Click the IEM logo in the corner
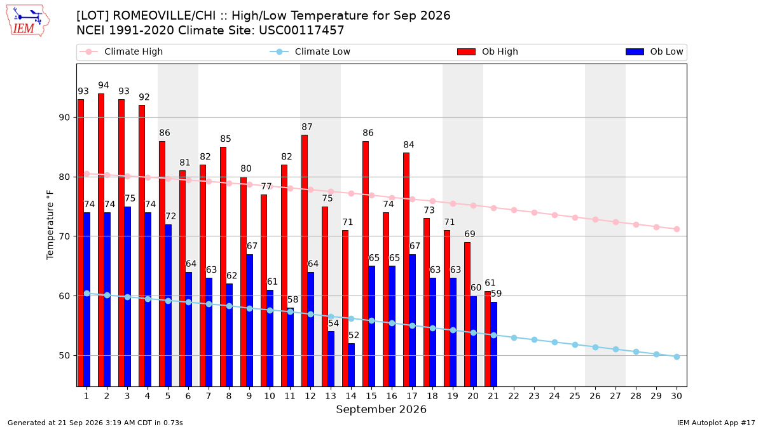[27, 21]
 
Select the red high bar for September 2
[101, 240]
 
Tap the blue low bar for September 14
[352, 365]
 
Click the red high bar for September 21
[488, 339]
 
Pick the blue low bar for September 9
[250, 320]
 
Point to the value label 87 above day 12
[307, 127]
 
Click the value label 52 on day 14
[354, 336]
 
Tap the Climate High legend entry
[121, 51]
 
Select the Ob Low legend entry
[654, 51]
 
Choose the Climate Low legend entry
[310, 51]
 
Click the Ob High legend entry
[488, 51]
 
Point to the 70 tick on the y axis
[64, 236]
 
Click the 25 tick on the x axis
[575, 397]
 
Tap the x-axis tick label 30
[677, 397]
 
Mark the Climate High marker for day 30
[677, 229]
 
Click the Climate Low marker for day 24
[554, 342]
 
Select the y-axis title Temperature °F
[50, 225]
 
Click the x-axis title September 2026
[381, 409]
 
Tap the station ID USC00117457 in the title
[301, 31]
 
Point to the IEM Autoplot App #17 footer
[716, 423]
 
